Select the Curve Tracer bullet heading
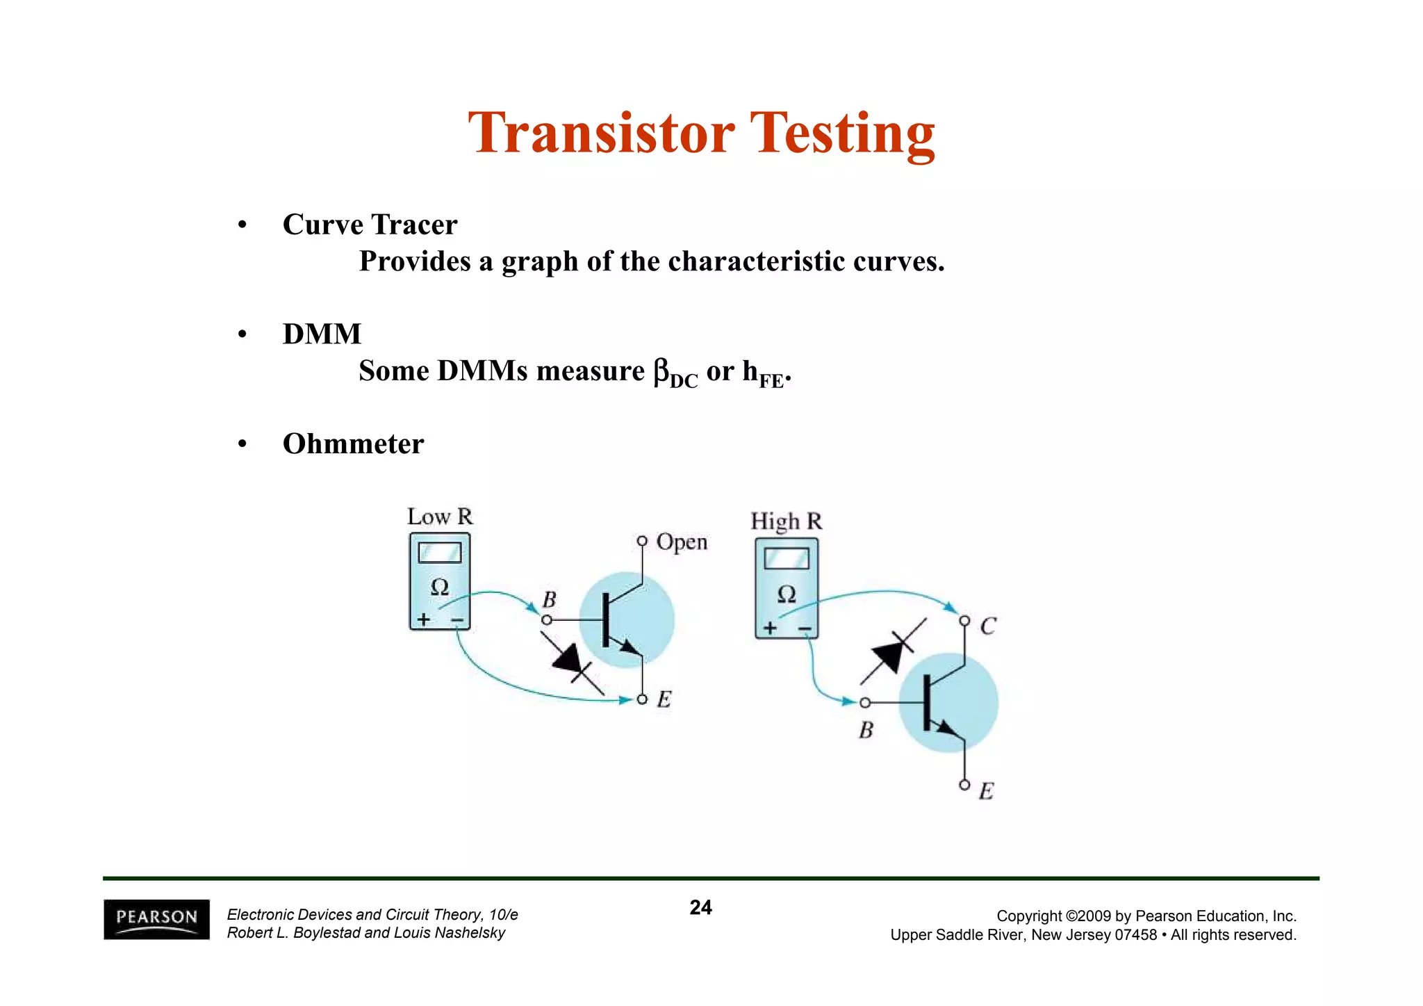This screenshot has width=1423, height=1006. tap(370, 225)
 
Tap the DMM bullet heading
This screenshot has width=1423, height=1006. tap(322, 334)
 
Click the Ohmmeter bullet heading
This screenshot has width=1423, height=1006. tap(353, 444)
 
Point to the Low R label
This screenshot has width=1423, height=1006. tap(439, 517)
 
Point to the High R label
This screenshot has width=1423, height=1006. tap(786, 521)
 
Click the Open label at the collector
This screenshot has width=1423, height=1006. tap(682, 542)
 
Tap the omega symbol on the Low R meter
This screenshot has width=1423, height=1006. tap(439, 587)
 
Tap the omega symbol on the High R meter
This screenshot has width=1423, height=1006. tap(786, 594)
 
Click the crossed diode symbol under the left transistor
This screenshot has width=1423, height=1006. tap(574, 663)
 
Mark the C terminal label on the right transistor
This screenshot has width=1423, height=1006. tap(987, 627)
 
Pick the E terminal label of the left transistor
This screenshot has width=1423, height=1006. tap(664, 699)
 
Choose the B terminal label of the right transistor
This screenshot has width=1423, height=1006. tap(866, 730)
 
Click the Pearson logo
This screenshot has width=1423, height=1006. tap(156, 919)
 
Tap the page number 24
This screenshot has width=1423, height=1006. tap(700, 907)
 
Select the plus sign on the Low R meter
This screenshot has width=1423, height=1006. tap(423, 619)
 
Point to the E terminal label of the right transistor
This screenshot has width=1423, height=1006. tap(986, 791)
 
